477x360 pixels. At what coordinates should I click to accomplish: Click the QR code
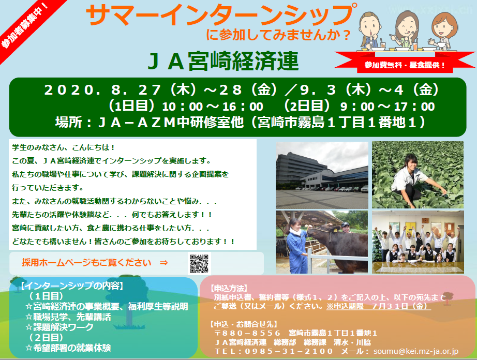pyautogui.click(x=199, y=263)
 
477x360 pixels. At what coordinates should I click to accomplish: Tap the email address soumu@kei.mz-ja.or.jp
pyautogui.click(x=416, y=351)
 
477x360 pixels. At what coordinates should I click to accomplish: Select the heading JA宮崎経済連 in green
pyautogui.click(x=223, y=62)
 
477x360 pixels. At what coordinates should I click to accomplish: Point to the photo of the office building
pyautogui.click(x=322, y=175)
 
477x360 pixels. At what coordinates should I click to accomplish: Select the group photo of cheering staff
pyautogui.click(x=418, y=242)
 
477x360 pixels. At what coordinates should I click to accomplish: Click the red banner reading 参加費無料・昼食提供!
pyautogui.click(x=405, y=65)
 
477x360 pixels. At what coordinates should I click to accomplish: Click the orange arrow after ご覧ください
pyautogui.click(x=163, y=263)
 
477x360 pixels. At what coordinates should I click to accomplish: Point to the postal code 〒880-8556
pyautogui.click(x=247, y=334)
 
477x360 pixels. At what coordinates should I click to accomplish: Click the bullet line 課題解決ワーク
pyautogui.click(x=59, y=327)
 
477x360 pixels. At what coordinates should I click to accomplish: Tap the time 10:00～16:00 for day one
pyautogui.click(x=213, y=107)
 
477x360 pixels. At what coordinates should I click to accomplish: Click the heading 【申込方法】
pyautogui.click(x=229, y=288)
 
